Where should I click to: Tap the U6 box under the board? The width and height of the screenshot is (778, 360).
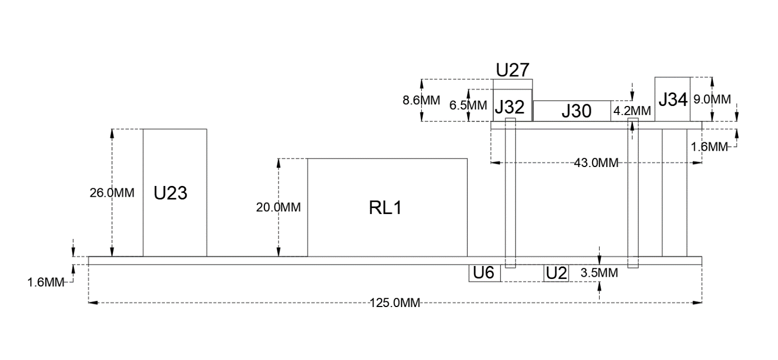tap(484, 274)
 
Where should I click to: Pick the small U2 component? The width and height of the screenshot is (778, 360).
tap(556, 274)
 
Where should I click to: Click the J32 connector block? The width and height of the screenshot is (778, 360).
tap(509, 107)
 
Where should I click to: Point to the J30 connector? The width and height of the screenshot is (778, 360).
tap(576, 111)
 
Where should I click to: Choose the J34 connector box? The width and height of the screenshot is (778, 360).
tap(673, 99)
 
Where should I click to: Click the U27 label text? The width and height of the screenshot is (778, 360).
tap(512, 70)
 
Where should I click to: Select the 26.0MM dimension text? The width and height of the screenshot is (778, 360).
tap(112, 193)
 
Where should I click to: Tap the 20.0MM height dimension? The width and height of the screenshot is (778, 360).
tap(278, 208)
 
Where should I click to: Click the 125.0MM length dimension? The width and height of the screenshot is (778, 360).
tap(395, 303)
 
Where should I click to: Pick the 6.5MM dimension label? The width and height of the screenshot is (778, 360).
tap(468, 105)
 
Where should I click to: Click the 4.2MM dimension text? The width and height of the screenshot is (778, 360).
tap(632, 111)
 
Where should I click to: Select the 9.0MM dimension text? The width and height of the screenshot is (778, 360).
tap(712, 99)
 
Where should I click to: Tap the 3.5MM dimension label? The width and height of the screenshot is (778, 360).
tap(599, 274)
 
